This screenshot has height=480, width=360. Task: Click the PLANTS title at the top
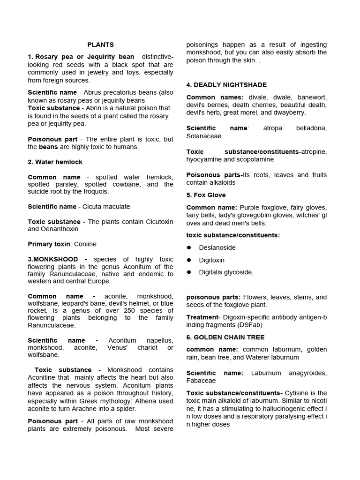pos(101,45)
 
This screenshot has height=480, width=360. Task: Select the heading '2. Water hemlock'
pos(55,162)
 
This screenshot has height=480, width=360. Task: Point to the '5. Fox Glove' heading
pos(206,195)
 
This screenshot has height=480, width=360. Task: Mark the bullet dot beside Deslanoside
pos(189,247)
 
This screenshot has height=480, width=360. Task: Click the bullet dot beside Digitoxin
pos(189,260)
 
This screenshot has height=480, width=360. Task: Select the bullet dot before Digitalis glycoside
pos(189,272)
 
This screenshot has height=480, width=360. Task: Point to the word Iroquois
pos(96,192)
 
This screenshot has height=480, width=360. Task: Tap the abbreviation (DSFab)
pos(248,325)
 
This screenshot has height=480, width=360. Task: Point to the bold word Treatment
pos(202,317)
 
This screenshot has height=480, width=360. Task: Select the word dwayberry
pos(290,112)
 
